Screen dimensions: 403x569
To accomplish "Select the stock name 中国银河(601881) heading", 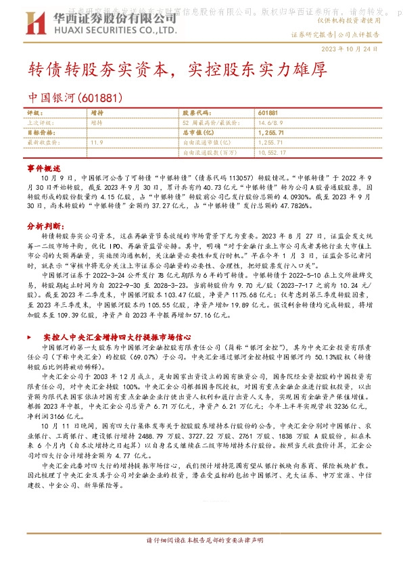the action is tap(66, 97).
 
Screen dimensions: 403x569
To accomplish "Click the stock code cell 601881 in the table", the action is tap(268, 113).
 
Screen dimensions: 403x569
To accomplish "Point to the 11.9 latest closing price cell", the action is tap(96, 143).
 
